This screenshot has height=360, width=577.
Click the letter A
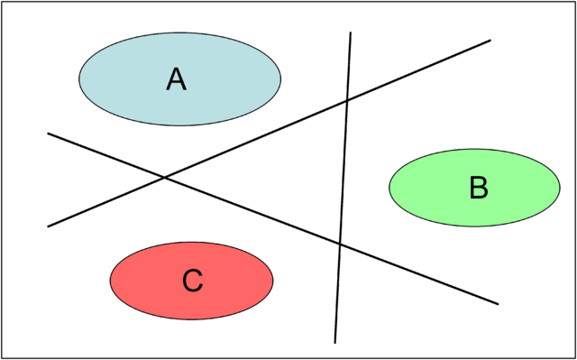(x=176, y=79)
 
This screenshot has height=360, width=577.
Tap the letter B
(x=479, y=188)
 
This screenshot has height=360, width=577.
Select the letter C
(x=192, y=282)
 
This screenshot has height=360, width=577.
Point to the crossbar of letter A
(x=176, y=83)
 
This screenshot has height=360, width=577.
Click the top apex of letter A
(x=176, y=69)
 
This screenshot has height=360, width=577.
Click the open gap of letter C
(x=201, y=282)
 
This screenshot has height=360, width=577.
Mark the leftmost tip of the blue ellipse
(x=80, y=79)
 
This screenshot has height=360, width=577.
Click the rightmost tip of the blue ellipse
(x=280, y=79)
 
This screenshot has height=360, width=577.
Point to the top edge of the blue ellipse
(x=180, y=34)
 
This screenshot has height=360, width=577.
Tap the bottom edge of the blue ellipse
(x=180, y=125)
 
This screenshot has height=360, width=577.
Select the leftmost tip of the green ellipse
(x=389, y=188)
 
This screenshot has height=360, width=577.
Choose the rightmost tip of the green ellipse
(x=559, y=188)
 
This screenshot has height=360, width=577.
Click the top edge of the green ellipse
(x=474, y=150)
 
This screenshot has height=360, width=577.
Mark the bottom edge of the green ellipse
(x=474, y=226)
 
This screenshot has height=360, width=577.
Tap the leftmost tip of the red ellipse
(x=111, y=281)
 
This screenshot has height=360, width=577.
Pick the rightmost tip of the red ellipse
(x=272, y=281)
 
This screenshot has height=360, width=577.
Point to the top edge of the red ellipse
(x=191, y=243)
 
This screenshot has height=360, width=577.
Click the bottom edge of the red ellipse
(x=191, y=318)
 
